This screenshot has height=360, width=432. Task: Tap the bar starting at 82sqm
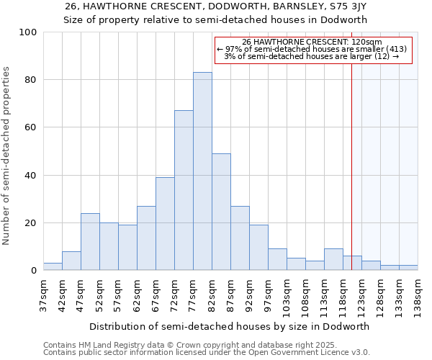[221, 212]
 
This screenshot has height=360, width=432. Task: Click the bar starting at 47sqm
[90, 241]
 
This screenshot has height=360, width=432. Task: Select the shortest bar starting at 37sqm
[53, 266]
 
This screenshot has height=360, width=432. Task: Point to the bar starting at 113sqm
[333, 259]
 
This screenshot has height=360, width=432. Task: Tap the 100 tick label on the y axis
[28, 32]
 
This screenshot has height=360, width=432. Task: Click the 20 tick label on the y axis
[31, 223]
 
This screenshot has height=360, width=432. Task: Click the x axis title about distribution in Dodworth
[230, 326]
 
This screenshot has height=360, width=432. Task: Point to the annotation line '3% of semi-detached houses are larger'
[312, 56]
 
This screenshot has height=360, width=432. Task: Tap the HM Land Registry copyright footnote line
[190, 345]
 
